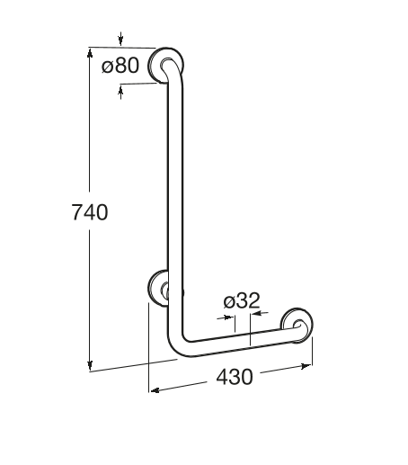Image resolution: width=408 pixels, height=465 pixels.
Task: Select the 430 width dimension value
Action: point(234,378)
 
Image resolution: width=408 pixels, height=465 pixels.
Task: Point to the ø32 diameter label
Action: point(241,302)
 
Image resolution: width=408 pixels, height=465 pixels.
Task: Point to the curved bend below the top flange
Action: point(178,85)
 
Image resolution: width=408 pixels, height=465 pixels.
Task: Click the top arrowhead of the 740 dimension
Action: point(90,51)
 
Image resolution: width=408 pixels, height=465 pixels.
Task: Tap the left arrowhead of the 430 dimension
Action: point(154,390)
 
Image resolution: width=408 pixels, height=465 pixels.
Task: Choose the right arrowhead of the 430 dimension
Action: point(308,365)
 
